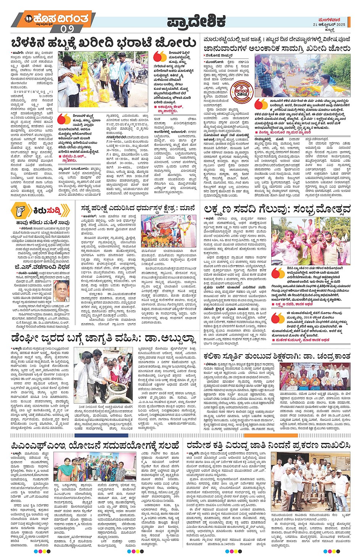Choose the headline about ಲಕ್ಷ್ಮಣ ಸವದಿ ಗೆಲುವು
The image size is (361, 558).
pyautogui.click(x=277, y=209)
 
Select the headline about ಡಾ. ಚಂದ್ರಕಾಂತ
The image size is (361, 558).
pyautogui.click(x=277, y=355)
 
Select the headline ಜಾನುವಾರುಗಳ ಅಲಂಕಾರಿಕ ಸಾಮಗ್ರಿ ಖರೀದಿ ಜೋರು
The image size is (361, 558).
pyautogui.click(x=277, y=49)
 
